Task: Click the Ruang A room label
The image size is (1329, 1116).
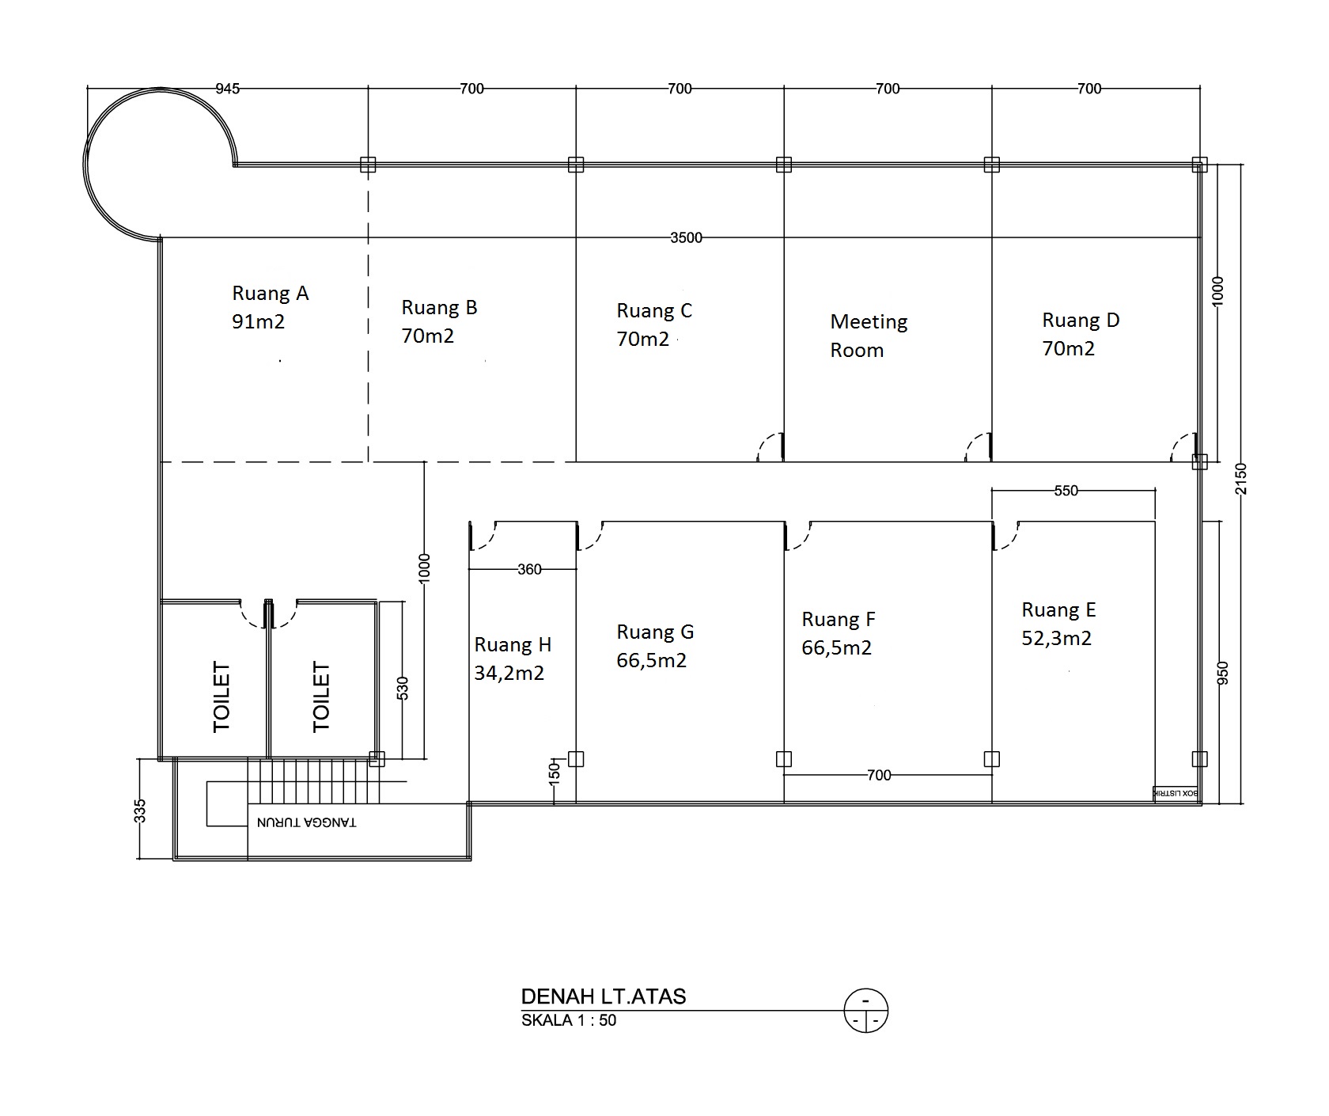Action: tap(270, 294)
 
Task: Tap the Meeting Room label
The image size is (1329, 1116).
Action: tap(869, 336)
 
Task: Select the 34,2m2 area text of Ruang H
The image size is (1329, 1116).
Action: tap(509, 674)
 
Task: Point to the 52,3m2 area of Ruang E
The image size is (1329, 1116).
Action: tap(1056, 638)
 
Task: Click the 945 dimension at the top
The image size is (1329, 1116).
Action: tap(227, 89)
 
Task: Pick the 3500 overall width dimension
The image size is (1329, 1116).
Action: tap(686, 237)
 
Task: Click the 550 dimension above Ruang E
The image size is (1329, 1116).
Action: tap(1066, 491)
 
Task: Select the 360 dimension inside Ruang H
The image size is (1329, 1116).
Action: tap(529, 569)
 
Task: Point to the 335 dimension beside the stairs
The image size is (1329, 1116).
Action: tap(140, 811)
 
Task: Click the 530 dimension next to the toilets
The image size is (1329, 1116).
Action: tap(402, 688)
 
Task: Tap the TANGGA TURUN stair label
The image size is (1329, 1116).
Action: tap(306, 822)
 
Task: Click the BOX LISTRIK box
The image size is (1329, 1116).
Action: tap(1177, 793)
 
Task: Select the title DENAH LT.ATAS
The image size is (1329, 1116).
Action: tap(604, 996)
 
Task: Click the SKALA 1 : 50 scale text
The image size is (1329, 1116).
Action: tap(569, 1020)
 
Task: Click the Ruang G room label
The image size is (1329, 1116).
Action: tap(655, 632)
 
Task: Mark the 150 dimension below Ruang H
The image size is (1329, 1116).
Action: tap(554, 772)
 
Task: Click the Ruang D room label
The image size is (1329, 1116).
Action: tap(1081, 321)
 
